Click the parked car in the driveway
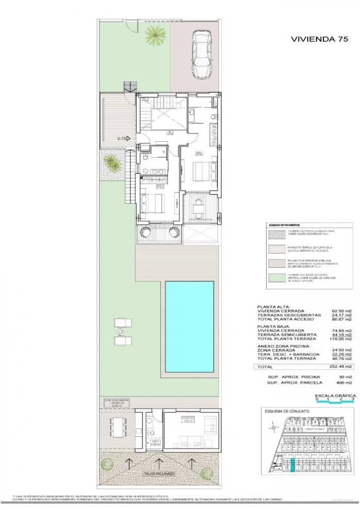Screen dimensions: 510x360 201,54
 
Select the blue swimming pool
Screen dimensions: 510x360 189,326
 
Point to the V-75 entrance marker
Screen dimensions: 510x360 123,138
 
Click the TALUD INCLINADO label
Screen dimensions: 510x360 159,473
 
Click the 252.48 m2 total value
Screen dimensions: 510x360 342,367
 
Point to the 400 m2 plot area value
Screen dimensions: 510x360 345,383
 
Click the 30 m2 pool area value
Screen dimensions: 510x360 346,376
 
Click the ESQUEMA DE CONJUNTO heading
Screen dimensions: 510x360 287,411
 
